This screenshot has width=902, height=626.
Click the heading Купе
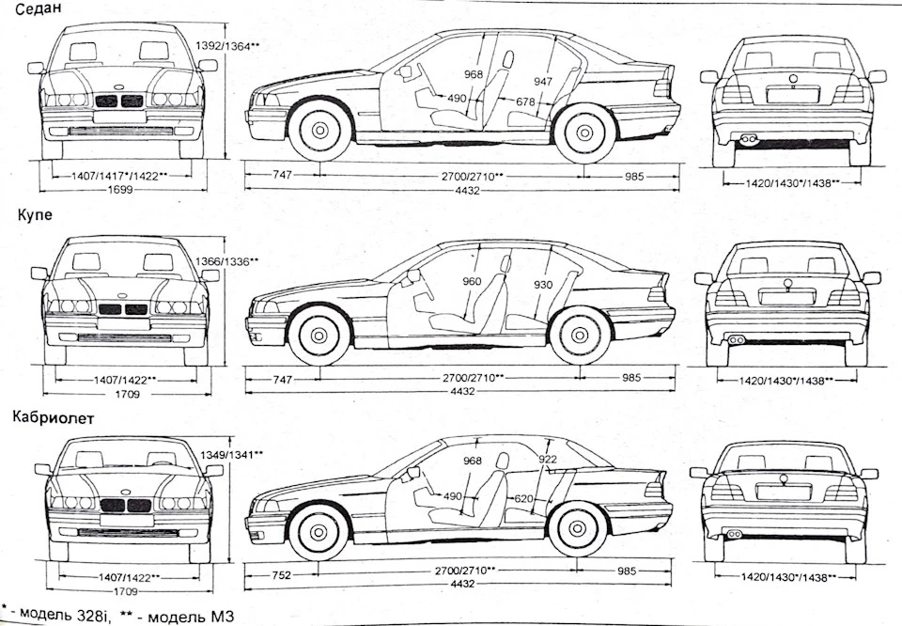point(35,215)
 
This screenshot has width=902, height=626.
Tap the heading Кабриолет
point(53,417)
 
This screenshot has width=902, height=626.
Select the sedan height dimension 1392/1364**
point(228,45)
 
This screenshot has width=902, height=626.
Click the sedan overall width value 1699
point(119,189)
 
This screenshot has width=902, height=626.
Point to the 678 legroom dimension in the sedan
point(524,102)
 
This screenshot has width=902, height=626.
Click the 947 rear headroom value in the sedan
point(543,81)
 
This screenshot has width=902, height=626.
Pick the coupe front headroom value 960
point(472,281)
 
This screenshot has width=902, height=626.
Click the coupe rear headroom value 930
point(542,284)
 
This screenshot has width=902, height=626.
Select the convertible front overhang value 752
point(281,575)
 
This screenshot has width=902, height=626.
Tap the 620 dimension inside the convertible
point(523,499)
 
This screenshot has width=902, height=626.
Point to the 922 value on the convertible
point(548,459)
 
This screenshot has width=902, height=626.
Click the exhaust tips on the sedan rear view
point(748,139)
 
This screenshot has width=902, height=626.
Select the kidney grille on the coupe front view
point(123,309)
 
